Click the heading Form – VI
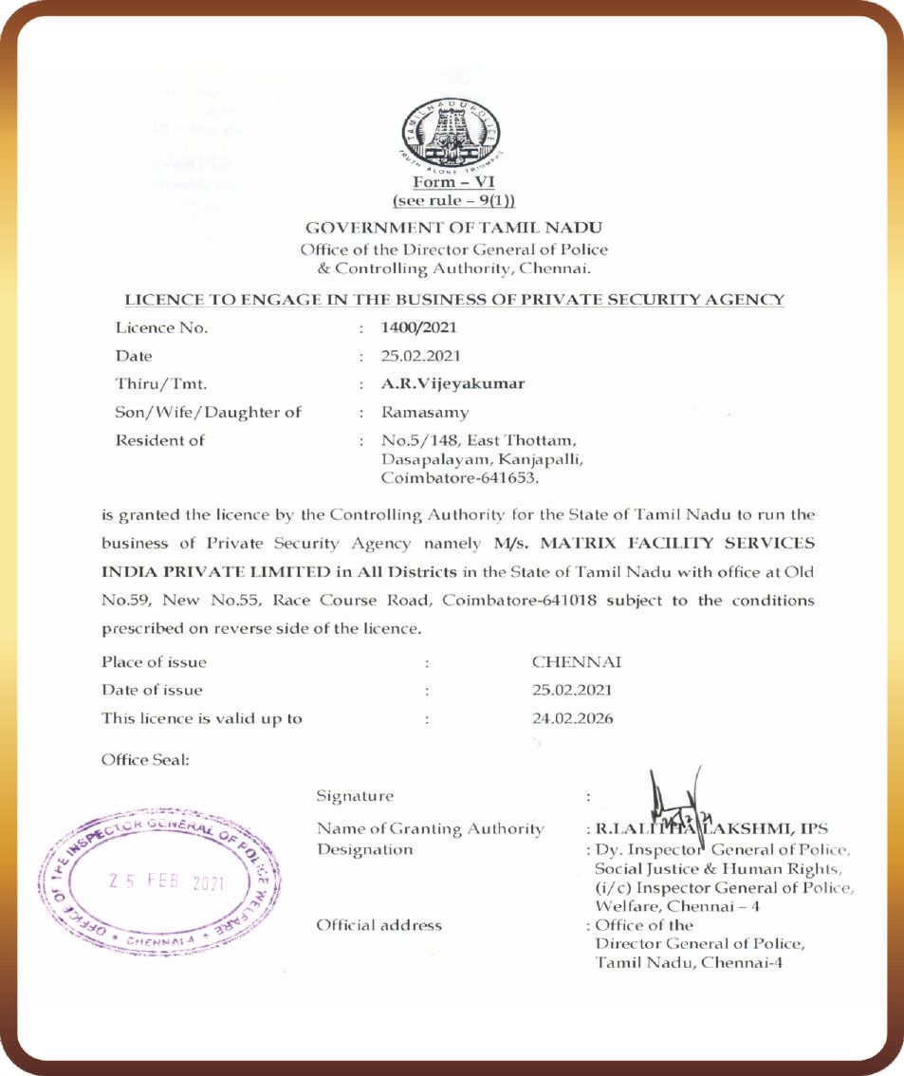(454, 182)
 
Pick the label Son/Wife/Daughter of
(209, 413)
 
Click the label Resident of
(159, 440)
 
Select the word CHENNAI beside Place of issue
(577, 661)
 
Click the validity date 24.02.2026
(572, 718)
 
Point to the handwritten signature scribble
(674, 805)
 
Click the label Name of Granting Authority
(431, 829)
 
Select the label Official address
(378, 924)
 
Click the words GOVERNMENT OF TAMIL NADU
(454, 228)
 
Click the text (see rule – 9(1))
(454, 202)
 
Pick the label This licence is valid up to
(202, 718)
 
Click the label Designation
(364, 849)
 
